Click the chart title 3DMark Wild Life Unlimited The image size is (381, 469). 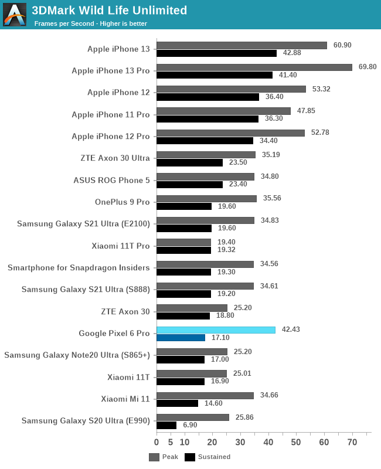(x=110, y=11)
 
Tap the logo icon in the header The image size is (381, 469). (x=15, y=15)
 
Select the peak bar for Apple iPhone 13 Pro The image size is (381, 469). (x=254, y=67)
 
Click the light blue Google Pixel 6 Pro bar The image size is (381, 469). (x=216, y=330)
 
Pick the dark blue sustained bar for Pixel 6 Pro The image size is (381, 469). (x=181, y=338)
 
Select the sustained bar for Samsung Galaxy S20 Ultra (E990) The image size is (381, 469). (x=166, y=425)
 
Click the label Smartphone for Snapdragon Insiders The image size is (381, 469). (x=79, y=267)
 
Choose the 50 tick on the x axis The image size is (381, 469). (x=296, y=441)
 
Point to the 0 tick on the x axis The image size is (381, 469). (x=157, y=441)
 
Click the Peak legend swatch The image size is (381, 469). (x=154, y=457)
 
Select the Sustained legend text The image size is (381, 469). (x=214, y=457)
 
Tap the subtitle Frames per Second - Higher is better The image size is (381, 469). (x=91, y=23)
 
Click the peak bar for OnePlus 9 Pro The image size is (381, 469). (x=206, y=199)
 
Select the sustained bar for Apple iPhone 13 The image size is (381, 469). (x=216, y=53)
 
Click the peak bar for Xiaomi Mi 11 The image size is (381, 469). (x=205, y=396)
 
